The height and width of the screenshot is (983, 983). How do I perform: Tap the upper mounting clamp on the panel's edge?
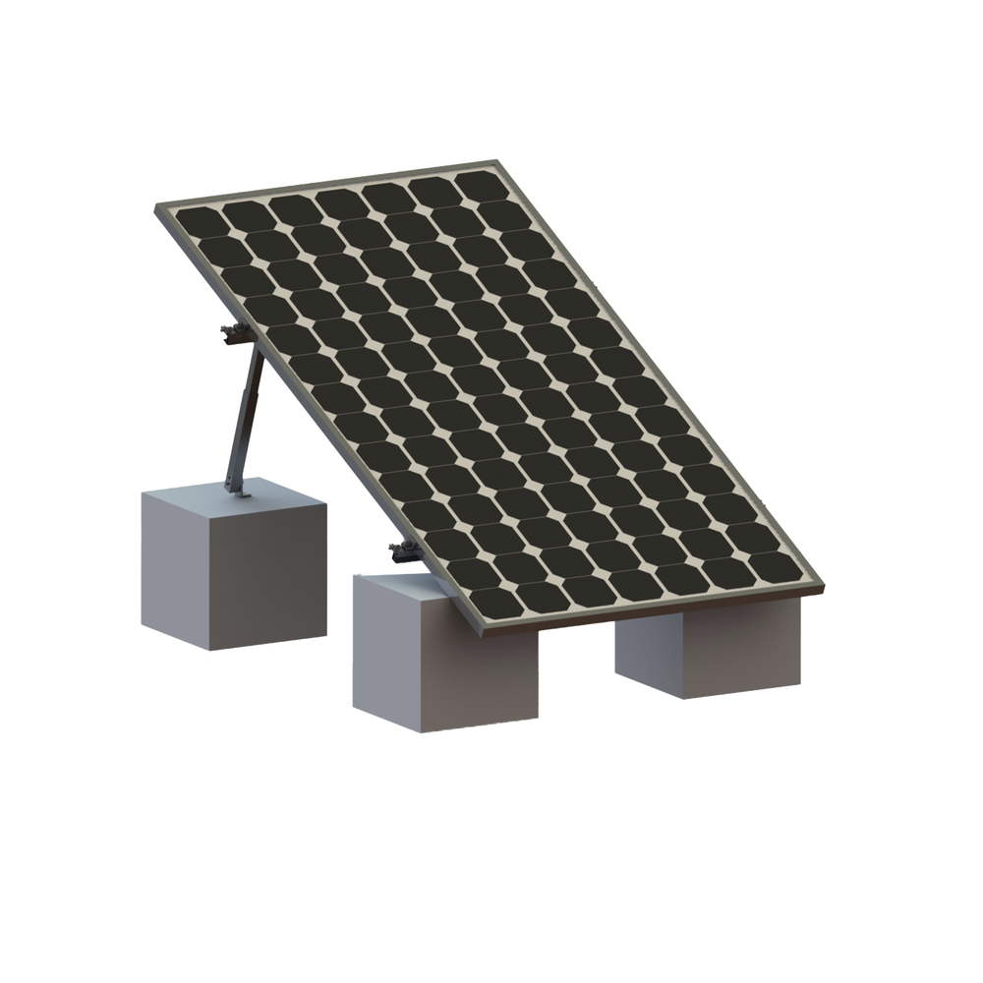point(233,334)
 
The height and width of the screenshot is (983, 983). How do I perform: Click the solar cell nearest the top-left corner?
point(197,223)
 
